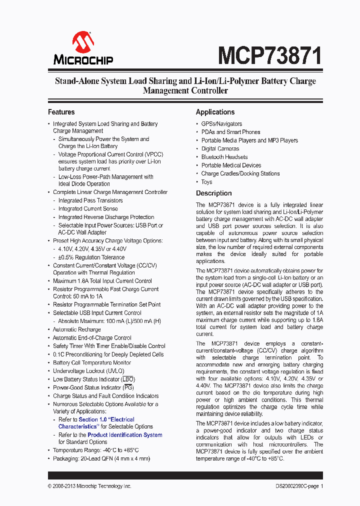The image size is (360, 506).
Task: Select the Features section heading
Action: coord(61,112)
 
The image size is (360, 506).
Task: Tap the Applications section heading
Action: coord(215,112)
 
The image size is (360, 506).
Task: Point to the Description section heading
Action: coord(213,193)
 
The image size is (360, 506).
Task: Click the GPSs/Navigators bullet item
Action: coord(221,124)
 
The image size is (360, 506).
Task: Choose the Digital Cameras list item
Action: coord(220,148)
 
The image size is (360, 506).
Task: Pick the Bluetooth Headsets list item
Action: coord(224,157)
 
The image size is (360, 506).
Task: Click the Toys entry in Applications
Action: coord(206,182)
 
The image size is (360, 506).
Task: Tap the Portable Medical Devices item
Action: coord(231,165)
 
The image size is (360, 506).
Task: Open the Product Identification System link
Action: coord(124,435)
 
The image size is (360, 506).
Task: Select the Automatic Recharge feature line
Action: coord(77,329)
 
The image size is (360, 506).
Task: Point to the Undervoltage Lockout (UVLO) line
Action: coord(86,371)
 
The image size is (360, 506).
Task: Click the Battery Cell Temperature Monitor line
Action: coord(92,363)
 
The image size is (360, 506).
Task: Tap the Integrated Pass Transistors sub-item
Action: coord(90,200)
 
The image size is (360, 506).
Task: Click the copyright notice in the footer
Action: coord(89,486)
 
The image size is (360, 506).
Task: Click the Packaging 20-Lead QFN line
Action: coord(101,458)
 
